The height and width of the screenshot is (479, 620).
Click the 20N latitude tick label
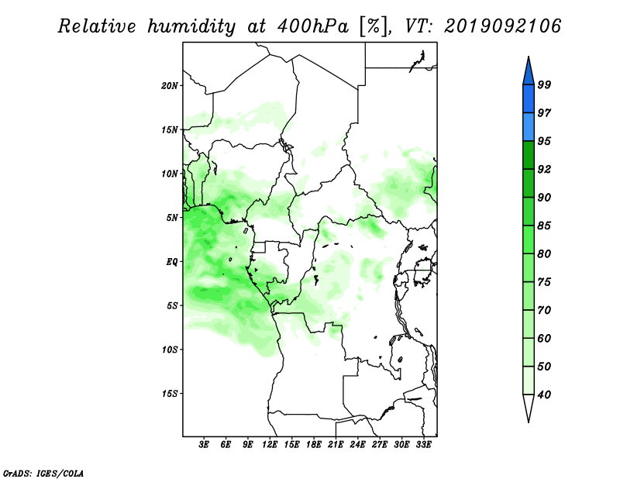(170, 86)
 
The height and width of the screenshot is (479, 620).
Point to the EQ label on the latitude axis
(172, 262)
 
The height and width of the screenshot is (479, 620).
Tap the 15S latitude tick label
(170, 394)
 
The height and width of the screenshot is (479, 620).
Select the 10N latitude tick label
(170, 174)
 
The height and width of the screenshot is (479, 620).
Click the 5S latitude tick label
(172, 305)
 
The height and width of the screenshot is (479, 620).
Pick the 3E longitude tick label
(204, 445)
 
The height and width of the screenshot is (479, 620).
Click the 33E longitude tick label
(423, 445)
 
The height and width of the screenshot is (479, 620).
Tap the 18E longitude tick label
(314, 445)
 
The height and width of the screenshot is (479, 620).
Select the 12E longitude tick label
(270, 445)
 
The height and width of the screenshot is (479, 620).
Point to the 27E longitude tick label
(380, 445)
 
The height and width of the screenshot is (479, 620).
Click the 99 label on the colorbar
(544, 84)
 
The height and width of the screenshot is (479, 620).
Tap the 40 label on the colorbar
(544, 395)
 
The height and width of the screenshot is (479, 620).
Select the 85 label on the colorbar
(544, 226)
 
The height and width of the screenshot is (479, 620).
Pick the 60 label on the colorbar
(544, 339)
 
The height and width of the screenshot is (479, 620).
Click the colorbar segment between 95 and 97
(529, 127)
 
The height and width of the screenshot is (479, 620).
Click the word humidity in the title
(191, 26)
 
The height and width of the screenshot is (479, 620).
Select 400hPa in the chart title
(313, 26)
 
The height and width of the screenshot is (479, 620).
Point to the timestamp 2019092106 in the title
(502, 26)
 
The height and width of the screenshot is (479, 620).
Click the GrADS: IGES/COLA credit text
(43, 474)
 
